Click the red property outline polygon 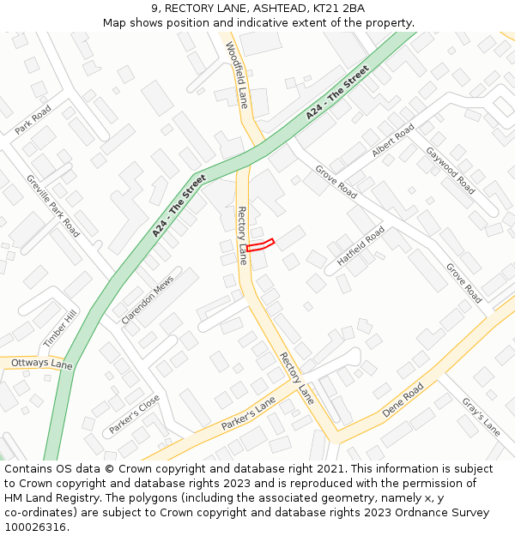(260, 245)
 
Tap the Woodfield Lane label (237, 75)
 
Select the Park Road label (33, 119)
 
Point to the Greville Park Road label (53, 207)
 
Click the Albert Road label (392, 140)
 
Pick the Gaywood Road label (451, 170)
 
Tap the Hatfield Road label (360, 247)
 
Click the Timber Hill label (60, 328)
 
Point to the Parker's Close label (135, 414)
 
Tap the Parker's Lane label (248, 414)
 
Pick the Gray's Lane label (481, 417)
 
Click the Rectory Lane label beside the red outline (243, 235)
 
